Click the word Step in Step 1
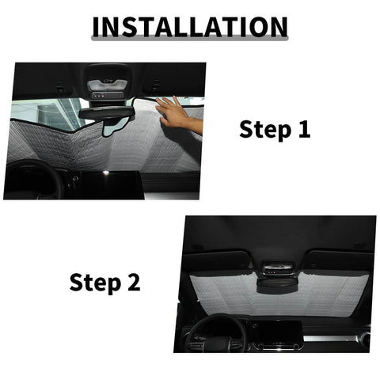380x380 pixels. pyautogui.click(x=264, y=130)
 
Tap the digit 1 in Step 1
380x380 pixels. pyautogui.click(x=303, y=130)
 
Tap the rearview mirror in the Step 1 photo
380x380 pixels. pyautogui.click(x=106, y=113)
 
